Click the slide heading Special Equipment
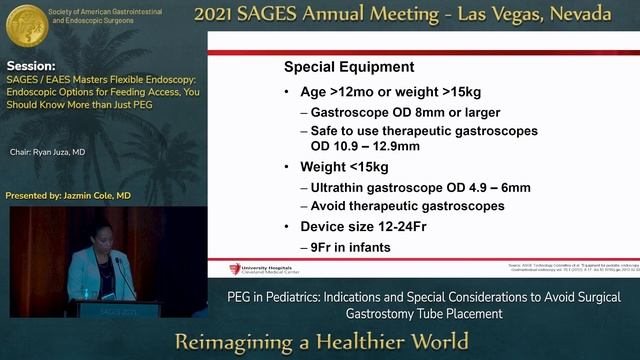349,67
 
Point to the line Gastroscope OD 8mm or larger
405,112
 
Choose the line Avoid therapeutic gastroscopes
407,205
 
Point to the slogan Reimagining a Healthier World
321,339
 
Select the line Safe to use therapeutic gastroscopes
424,131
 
